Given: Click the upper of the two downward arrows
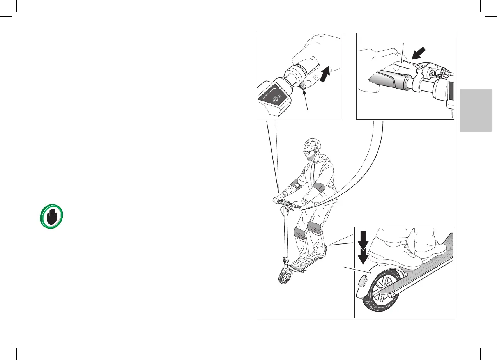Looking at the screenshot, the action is click(363, 239).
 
